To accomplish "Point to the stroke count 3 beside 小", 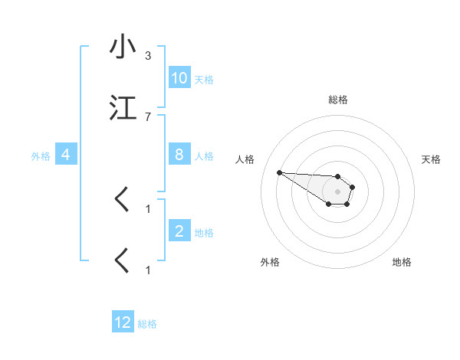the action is pos(147,56).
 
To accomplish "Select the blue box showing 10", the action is pos(179,78).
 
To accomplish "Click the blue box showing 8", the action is pos(179,155).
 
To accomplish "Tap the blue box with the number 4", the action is pos(66,155).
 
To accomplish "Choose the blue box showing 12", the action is pos(123,322).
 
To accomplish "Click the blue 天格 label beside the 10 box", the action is pos(204,80).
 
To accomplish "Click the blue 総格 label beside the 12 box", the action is pos(147,324).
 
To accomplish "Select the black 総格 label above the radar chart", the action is pos(338,100).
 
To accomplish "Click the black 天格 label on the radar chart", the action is pos(431,159).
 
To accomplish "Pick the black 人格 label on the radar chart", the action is pos(245,159).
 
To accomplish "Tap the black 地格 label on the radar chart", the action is pos(402,262).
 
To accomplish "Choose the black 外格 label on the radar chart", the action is pos(270,262).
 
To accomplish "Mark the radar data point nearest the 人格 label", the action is pos(279,172).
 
